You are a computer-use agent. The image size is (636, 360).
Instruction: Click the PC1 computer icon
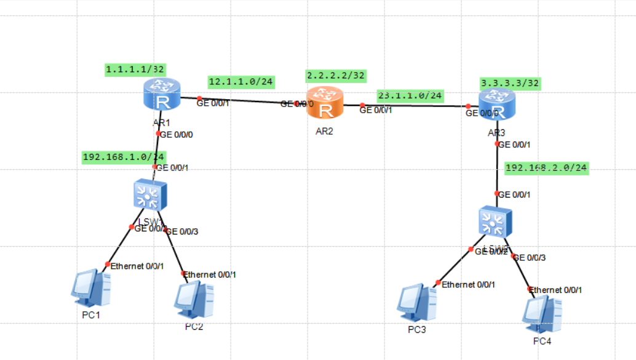[91, 289]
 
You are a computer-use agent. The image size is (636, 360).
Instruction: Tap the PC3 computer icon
[416, 302]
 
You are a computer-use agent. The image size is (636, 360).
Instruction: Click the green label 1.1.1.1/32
[135, 70]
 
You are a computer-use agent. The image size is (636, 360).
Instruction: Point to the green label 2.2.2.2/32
[336, 75]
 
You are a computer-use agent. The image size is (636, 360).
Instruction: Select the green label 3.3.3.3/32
[510, 82]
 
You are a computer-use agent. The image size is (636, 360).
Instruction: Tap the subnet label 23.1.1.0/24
[410, 95]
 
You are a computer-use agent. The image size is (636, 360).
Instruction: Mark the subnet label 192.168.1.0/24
[124, 157]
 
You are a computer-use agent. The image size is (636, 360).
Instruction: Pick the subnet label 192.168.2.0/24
[546, 167]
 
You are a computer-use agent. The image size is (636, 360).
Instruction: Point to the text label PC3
[416, 330]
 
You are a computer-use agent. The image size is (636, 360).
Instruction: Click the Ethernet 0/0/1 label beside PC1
[137, 265]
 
